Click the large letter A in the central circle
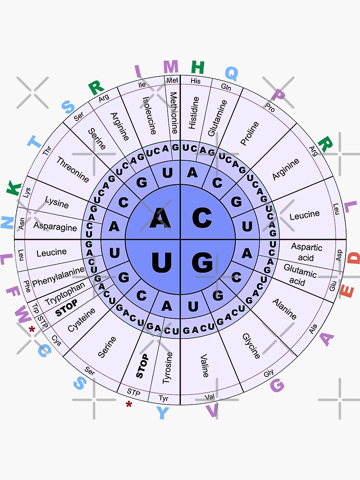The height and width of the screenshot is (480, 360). click(160, 219)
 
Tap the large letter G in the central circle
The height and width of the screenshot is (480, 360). click(202, 262)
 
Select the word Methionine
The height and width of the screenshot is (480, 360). click(174, 113)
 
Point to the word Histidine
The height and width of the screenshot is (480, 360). click(194, 112)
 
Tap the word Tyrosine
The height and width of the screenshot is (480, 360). click(167, 367)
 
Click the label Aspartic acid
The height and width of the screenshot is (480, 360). click(307, 252)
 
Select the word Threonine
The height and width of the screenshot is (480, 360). click(72, 169)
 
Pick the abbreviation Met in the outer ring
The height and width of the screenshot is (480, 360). click(172, 80)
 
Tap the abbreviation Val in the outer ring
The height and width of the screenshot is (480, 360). click(210, 397)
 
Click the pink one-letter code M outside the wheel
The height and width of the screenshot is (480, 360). click(170, 66)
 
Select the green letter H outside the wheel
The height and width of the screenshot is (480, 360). click(198, 67)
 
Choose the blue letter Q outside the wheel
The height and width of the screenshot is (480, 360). click(231, 73)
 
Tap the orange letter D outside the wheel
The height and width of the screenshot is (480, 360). click(353, 257)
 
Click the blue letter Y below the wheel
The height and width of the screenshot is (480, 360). click(163, 412)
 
